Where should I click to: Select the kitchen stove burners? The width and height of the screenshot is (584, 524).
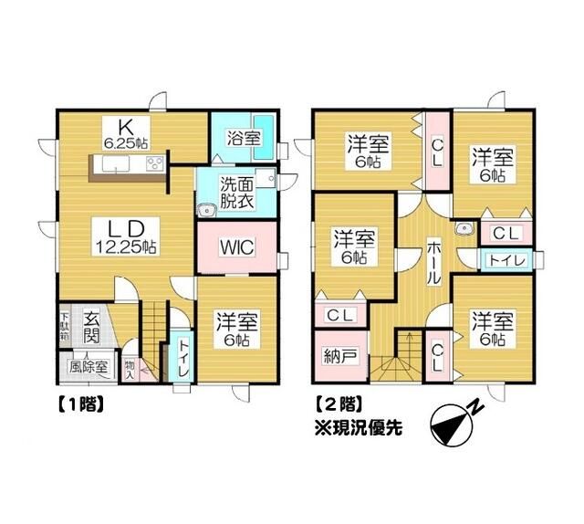point(155,163)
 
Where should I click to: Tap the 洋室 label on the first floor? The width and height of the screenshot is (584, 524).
point(236,330)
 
